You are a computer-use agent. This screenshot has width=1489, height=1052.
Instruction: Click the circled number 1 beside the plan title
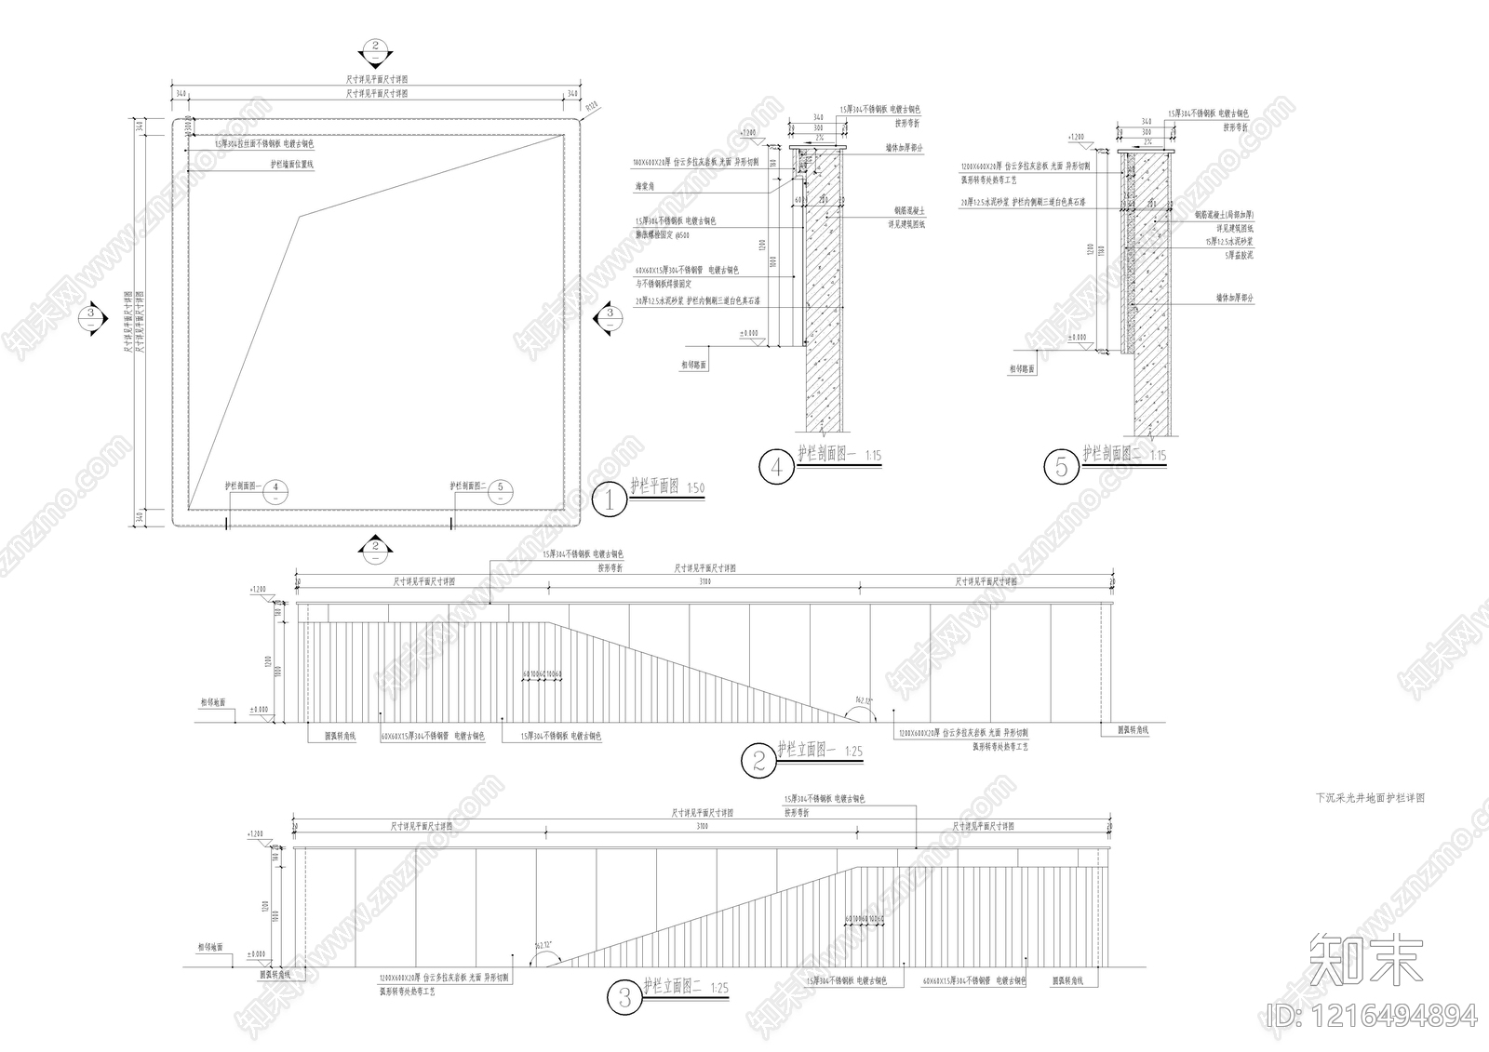pos(610,501)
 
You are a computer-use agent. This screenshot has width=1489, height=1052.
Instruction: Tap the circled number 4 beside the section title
pos(776,467)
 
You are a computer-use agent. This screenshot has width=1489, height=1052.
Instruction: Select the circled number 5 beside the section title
pos(1061,467)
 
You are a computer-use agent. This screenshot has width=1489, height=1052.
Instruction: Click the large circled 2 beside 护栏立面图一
pos(758,762)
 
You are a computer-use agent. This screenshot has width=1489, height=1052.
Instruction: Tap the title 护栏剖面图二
pos(1112,454)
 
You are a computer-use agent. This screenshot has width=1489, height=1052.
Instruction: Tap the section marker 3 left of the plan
pos(90,314)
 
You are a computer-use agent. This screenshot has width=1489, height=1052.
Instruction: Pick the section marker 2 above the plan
pos(374,47)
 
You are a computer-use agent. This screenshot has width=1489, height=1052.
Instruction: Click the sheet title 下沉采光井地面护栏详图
pos(1369,798)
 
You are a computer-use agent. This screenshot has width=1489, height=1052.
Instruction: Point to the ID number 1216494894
pos(1372,1016)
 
